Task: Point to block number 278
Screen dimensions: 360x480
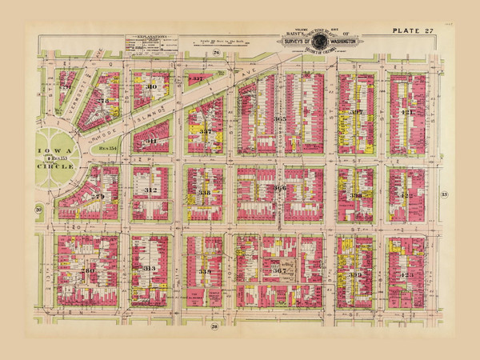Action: (x=102, y=101)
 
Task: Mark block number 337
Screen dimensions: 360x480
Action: (x=206, y=130)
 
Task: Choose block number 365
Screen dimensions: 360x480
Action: (x=279, y=118)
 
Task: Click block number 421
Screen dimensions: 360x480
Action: (x=408, y=113)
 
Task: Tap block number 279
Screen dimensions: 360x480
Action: (x=98, y=196)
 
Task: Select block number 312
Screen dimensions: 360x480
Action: (x=150, y=190)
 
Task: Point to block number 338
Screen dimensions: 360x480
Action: (x=205, y=193)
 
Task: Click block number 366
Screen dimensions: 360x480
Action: (x=279, y=189)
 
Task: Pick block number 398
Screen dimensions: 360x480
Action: (x=355, y=194)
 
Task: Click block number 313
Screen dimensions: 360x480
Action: (x=150, y=269)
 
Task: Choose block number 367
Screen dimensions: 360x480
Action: (x=279, y=270)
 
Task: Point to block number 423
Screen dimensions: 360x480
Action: (x=406, y=275)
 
